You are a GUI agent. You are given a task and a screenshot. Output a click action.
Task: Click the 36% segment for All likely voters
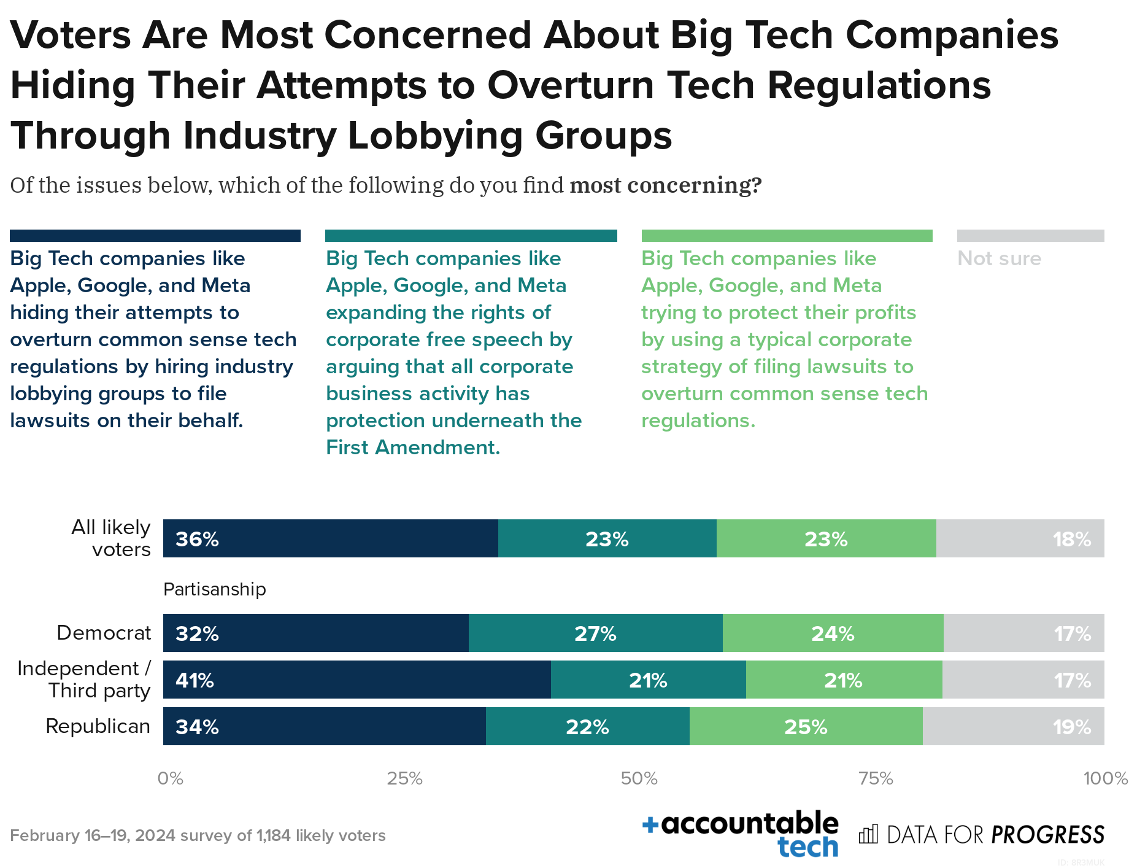330,538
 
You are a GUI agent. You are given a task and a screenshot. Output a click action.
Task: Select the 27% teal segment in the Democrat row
595,633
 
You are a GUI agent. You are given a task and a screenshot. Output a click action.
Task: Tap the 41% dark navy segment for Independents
356,680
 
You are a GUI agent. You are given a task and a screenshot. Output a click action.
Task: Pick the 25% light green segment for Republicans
806,726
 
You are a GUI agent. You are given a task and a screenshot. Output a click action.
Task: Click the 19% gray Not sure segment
1013,726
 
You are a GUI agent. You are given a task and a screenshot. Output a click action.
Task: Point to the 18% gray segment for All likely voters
1020,538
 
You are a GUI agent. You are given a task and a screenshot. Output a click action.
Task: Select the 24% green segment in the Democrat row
833,633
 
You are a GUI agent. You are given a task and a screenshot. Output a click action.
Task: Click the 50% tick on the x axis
639,778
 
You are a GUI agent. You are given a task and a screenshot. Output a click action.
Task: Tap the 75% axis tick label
876,778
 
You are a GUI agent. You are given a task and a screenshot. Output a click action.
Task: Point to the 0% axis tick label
170,778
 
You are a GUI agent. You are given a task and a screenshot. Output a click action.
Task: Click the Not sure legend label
999,258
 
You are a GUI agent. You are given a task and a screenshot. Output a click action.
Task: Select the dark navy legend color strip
155,236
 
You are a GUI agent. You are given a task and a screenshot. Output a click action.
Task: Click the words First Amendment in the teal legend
412,448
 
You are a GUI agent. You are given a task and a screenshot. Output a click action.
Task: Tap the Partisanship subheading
214,589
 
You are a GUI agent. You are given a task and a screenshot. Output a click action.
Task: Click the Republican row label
98,726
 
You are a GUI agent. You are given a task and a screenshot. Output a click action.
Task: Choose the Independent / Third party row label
84,680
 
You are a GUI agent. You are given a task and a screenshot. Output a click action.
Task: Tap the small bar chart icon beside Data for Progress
868,834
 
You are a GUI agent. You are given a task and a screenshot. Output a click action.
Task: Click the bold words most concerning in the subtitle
665,185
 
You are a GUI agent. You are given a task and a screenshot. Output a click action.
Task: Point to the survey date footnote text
198,835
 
